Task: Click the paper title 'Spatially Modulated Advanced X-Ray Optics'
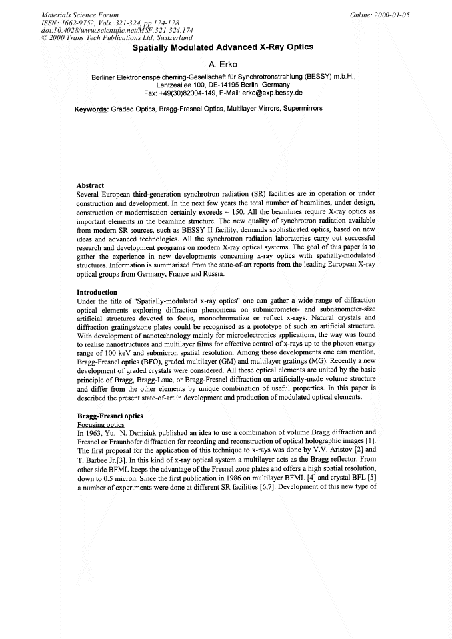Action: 223,48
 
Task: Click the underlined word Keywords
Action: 91,109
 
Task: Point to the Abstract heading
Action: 91,185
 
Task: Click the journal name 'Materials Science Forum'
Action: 80,14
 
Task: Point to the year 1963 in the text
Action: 97,432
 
